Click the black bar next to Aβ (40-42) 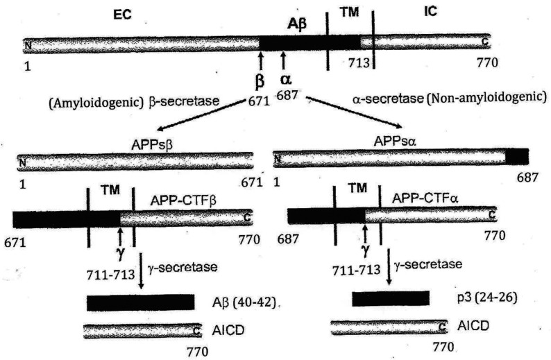tap(140, 302)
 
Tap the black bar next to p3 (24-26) tap(391, 298)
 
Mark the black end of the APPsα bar tap(516, 157)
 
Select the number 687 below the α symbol tap(287, 94)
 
